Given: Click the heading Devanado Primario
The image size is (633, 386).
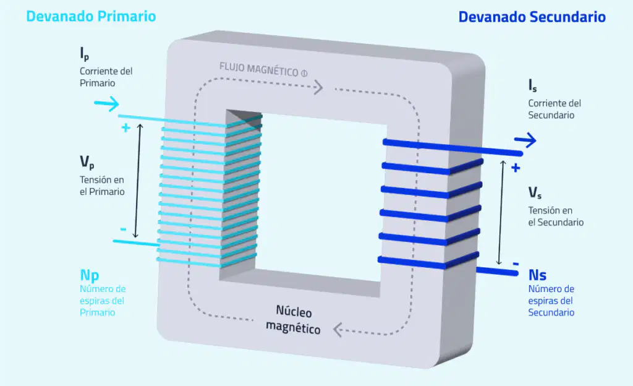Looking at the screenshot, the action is pos(91,16).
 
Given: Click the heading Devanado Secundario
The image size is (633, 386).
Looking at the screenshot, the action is pos(532,17).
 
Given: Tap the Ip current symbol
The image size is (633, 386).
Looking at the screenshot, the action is pos(84,53).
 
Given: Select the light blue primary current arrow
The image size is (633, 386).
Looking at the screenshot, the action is pos(106,104).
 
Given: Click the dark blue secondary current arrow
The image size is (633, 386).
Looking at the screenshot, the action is pos(525,140).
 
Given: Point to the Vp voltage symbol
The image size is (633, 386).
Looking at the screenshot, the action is pos(87,162).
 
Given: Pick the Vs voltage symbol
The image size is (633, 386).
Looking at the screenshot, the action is pos(535,192).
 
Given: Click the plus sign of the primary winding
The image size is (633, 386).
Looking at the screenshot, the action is pos(125,127).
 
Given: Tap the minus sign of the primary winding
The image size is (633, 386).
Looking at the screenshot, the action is pos(123,229).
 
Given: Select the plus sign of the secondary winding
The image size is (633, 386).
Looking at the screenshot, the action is pos(516,168).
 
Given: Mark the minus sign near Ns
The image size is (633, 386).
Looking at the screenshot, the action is pos(516,264).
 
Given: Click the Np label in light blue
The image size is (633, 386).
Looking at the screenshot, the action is pos(89,275).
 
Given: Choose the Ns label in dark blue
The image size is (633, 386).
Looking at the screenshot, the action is pos(537,275).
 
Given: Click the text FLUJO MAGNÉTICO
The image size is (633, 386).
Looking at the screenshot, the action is pos(259,69).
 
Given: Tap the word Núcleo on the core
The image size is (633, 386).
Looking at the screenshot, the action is pos(294,311).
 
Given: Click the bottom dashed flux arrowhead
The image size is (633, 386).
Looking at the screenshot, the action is pos(338,330).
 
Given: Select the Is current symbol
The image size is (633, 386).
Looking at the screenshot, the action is pos(532,85).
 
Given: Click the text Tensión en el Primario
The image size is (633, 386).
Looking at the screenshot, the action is pos(102,186).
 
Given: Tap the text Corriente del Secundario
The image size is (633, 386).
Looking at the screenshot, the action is pos(554,109).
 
